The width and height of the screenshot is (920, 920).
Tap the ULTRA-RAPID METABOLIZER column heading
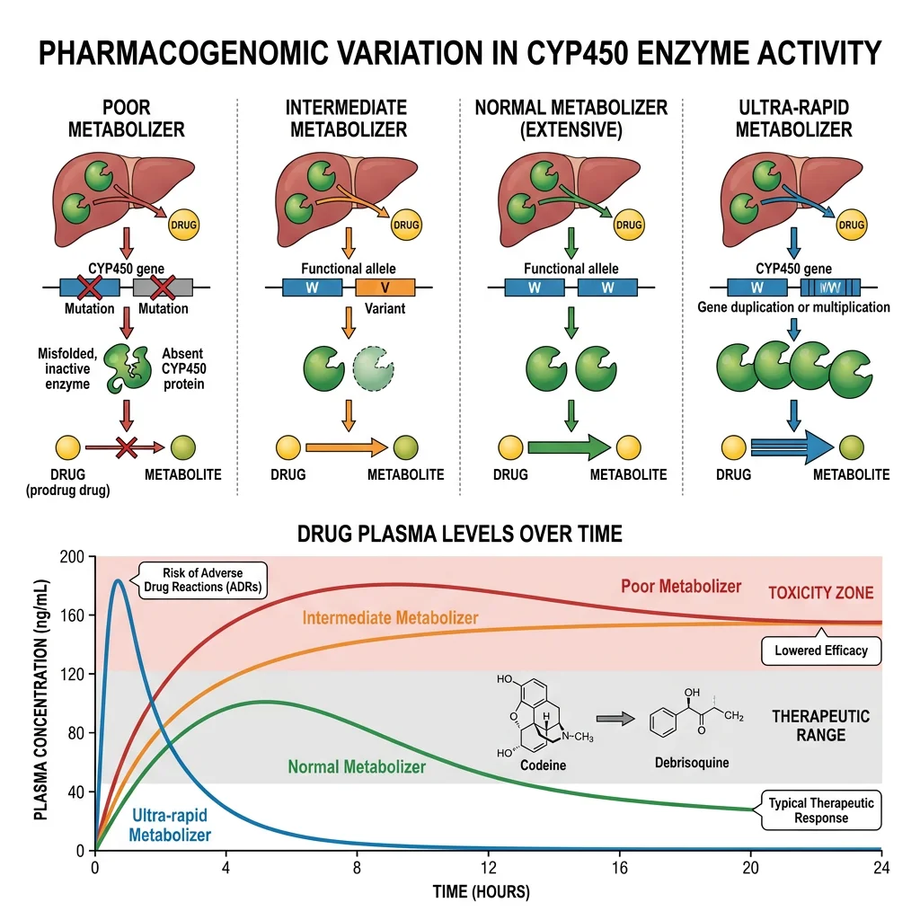coord(793,119)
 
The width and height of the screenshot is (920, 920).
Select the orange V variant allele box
coord(385,287)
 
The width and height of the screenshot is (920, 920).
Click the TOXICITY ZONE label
coord(820,593)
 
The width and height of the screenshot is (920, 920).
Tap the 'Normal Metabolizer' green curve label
coord(357,767)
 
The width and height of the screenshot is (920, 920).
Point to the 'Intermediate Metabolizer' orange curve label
coord(390,618)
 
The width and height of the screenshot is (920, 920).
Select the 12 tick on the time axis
coord(488,868)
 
